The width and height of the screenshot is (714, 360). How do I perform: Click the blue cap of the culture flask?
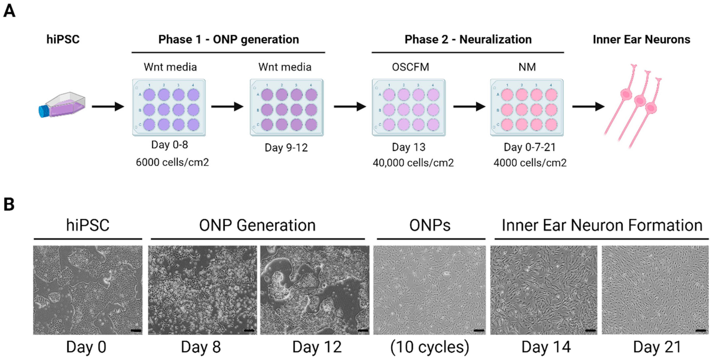point(44,111)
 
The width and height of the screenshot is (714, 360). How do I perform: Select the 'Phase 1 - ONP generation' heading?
point(228,39)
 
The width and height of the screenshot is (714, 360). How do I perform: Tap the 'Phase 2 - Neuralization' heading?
point(468,39)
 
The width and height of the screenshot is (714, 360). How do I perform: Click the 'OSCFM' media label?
point(410,67)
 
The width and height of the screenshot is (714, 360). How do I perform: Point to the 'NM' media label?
point(527,67)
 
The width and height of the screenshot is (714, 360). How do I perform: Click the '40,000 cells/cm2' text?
point(413,163)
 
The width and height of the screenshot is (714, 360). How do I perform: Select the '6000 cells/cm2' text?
point(172,162)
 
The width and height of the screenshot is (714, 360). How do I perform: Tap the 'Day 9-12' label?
point(286,148)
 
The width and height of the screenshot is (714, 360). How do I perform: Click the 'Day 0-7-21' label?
point(530,147)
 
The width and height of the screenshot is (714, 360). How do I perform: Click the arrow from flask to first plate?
point(108,106)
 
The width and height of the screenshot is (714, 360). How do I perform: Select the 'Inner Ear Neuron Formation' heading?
point(602,225)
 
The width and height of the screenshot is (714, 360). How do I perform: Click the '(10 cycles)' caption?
point(430,347)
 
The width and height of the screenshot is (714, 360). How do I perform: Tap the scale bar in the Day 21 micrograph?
point(700,330)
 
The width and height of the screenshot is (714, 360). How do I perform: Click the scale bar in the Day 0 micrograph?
point(136,330)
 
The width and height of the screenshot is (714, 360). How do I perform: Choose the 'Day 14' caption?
point(546,347)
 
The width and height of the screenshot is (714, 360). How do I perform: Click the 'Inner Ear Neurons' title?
point(641,39)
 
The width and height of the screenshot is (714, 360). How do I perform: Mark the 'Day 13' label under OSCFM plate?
point(409,147)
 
